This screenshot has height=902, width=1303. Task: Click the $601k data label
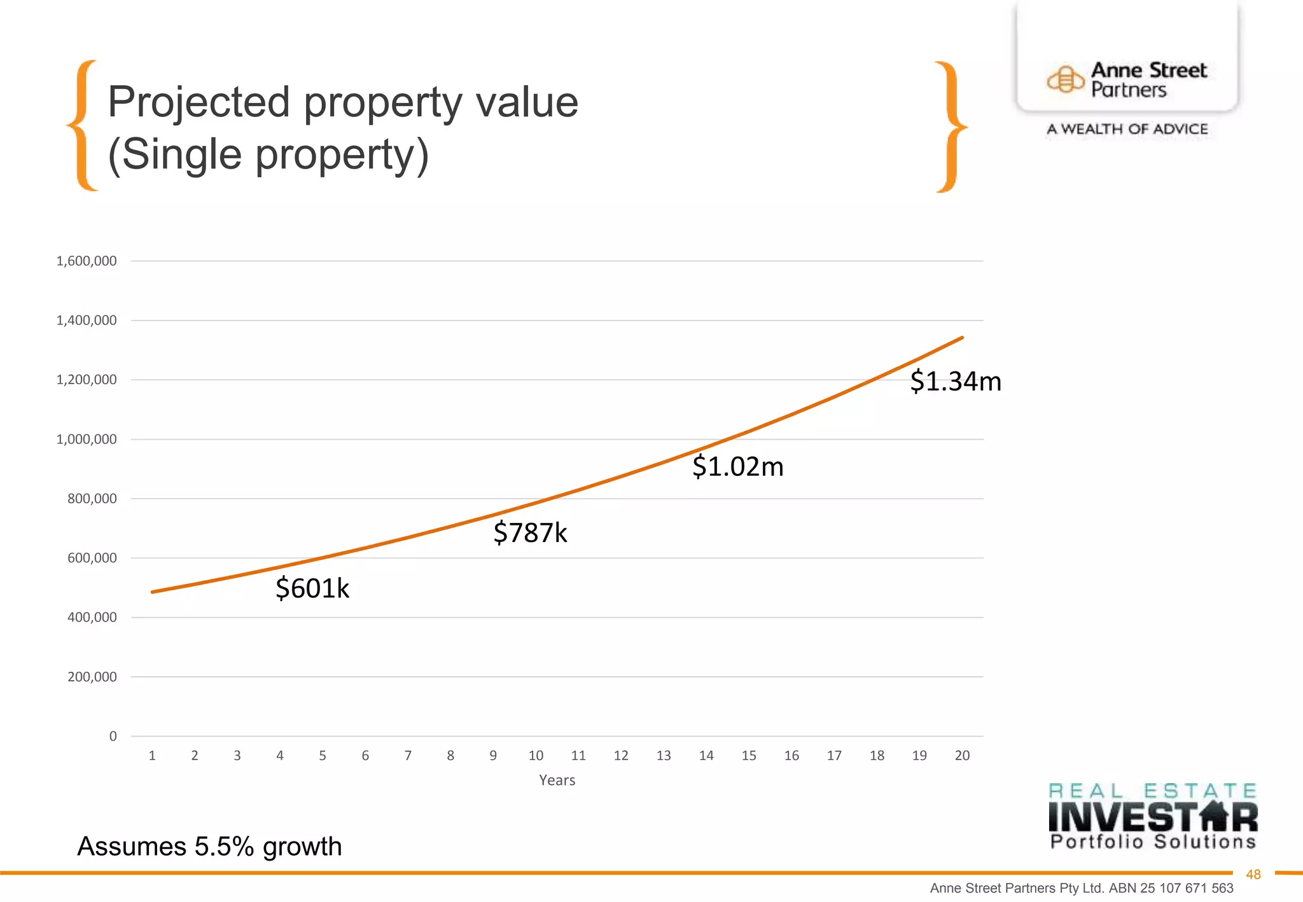(x=312, y=588)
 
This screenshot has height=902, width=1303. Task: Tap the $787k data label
(x=530, y=532)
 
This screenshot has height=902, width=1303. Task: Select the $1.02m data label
(x=737, y=467)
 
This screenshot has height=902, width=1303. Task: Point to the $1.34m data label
(x=955, y=382)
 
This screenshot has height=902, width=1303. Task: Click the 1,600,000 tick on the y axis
(x=87, y=261)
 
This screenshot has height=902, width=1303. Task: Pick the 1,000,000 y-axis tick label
(x=87, y=440)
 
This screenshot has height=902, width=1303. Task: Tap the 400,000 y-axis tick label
(x=92, y=618)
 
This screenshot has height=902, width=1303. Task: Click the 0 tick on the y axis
(x=113, y=737)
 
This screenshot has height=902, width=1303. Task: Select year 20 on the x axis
(x=962, y=756)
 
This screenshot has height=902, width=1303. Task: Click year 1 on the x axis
(x=152, y=756)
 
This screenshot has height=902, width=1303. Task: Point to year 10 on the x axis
(x=536, y=756)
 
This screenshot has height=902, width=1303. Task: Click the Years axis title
(x=557, y=781)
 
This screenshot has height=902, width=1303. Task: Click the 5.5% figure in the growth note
(x=224, y=847)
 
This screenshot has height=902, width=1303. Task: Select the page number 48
(x=1253, y=875)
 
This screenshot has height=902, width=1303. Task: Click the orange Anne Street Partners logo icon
(x=1065, y=80)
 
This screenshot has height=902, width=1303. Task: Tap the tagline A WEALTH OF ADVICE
(x=1127, y=129)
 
